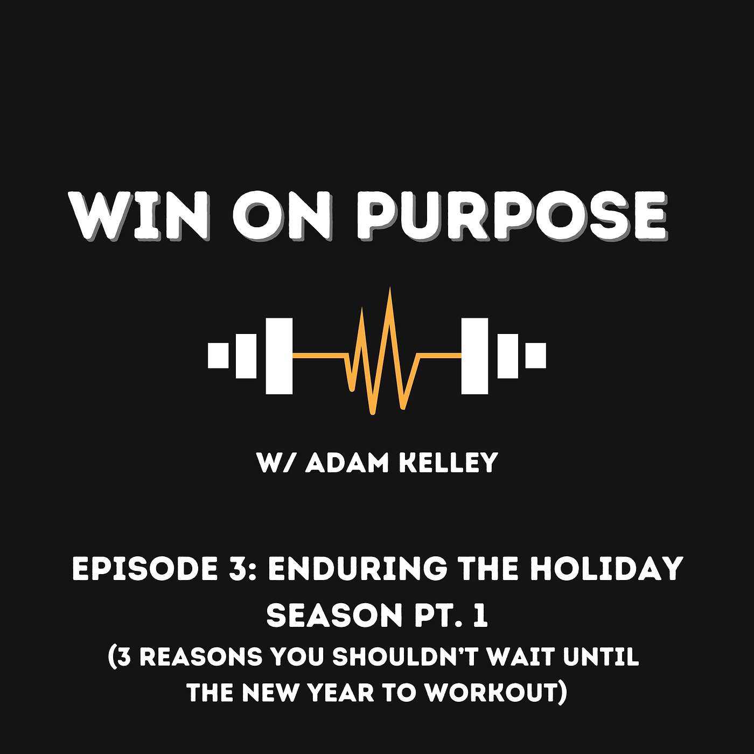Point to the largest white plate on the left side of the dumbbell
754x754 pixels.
(x=279, y=355)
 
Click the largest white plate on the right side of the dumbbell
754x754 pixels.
(x=474, y=355)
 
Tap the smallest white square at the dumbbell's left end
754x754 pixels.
(x=218, y=355)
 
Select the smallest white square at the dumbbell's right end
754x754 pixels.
(x=535, y=355)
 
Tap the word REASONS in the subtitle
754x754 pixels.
(x=201, y=657)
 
